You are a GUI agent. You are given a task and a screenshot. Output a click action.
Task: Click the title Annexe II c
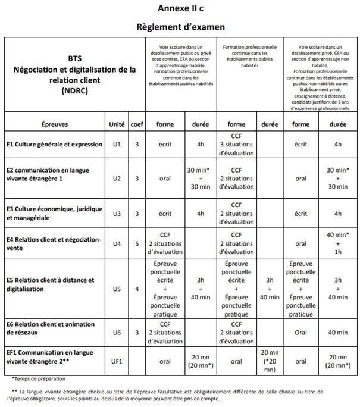(180, 8)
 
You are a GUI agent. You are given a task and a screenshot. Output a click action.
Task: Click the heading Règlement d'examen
(180, 27)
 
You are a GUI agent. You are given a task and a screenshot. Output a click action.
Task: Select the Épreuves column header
(55, 124)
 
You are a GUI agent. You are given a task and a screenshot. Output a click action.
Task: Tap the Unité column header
(117, 124)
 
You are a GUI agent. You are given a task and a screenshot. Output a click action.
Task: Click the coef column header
(136, 124)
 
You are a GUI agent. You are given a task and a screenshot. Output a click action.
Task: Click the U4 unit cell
(117, 243)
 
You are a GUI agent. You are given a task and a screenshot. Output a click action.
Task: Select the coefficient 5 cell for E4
(136, 243)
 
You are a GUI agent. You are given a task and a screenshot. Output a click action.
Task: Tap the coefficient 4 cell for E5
(136, 289)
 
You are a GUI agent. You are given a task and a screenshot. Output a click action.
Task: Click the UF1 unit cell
(117, 361)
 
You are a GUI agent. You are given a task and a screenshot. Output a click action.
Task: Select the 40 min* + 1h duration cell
(338, 243)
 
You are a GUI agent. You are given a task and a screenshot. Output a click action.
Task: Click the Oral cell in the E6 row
(300, 332)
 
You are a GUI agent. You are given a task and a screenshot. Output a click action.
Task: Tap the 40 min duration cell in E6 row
(338, 332)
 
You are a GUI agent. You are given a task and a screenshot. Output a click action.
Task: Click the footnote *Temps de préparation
(38, 378)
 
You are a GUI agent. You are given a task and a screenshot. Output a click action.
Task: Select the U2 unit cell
(117, 178)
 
